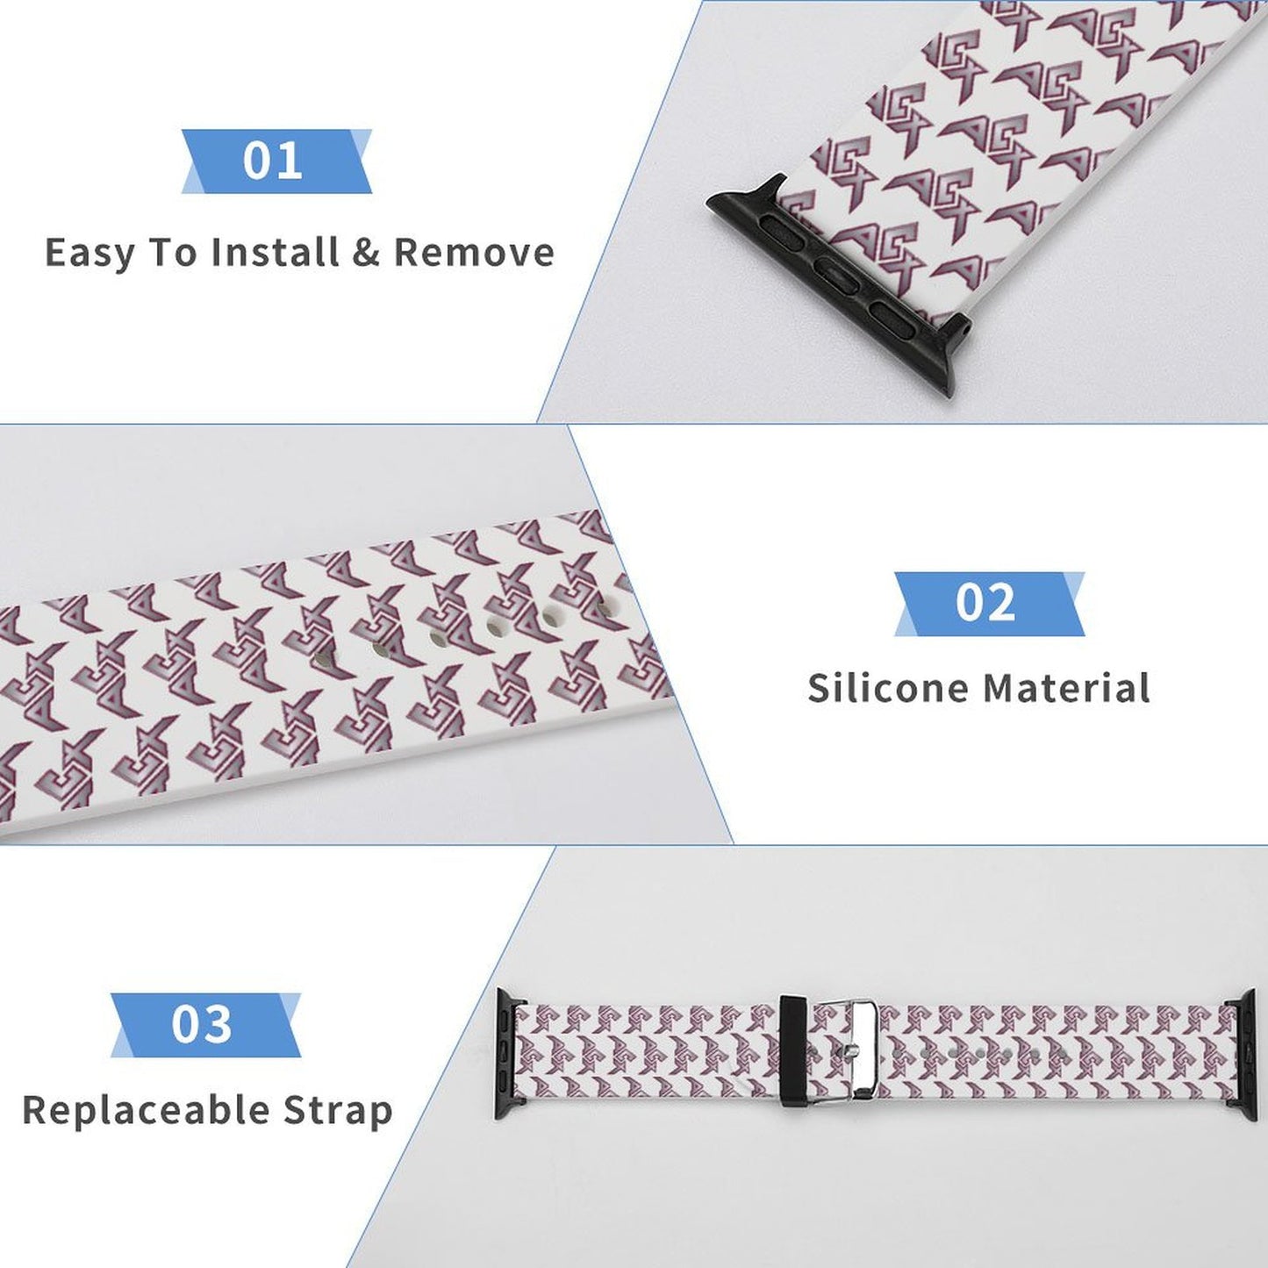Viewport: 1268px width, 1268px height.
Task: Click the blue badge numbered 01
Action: click(276, 161)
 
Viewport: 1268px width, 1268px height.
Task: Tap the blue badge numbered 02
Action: click(988, 604)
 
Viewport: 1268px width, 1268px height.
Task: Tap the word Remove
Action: click(474, 253)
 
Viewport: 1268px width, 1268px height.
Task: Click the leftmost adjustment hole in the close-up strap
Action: click(323, 657)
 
